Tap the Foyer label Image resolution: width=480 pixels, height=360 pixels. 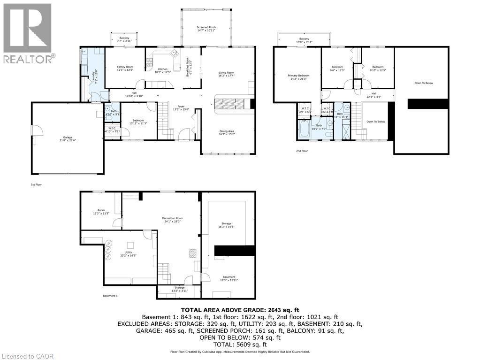click(x=181, y=108)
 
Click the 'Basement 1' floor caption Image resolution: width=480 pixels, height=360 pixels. click(x=110, y=296)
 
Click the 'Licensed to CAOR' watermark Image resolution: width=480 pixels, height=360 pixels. click(x=27, y=356)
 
